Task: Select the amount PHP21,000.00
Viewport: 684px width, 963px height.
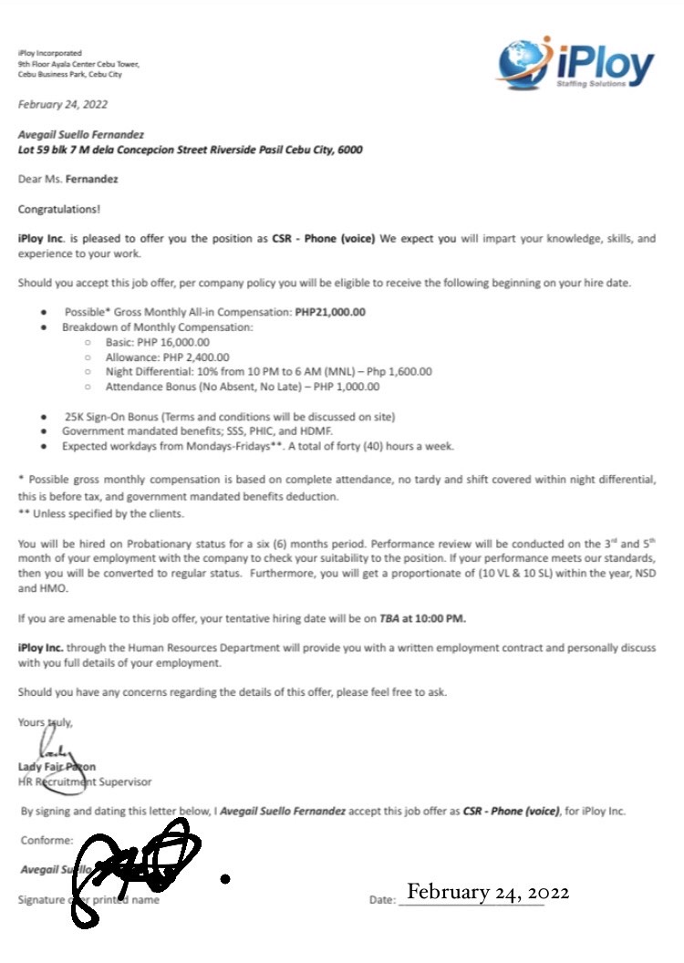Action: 330,312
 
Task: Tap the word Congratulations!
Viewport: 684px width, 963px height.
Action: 59,209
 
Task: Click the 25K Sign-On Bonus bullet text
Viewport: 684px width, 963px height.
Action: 228,416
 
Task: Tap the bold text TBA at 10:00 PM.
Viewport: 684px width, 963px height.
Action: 422,618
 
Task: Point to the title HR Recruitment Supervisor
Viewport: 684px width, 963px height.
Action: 85,782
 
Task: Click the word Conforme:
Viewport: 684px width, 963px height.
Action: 43,842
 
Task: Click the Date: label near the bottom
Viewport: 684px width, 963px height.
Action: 381,900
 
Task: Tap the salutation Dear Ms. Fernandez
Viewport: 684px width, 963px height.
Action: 68,180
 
